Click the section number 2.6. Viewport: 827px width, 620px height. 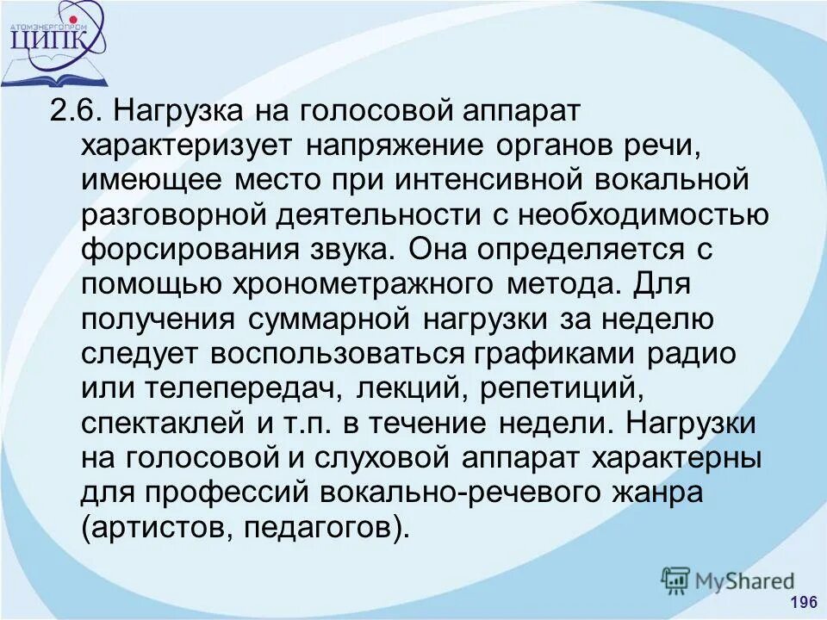(77, 113)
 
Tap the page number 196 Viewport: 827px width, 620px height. (802, 601)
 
